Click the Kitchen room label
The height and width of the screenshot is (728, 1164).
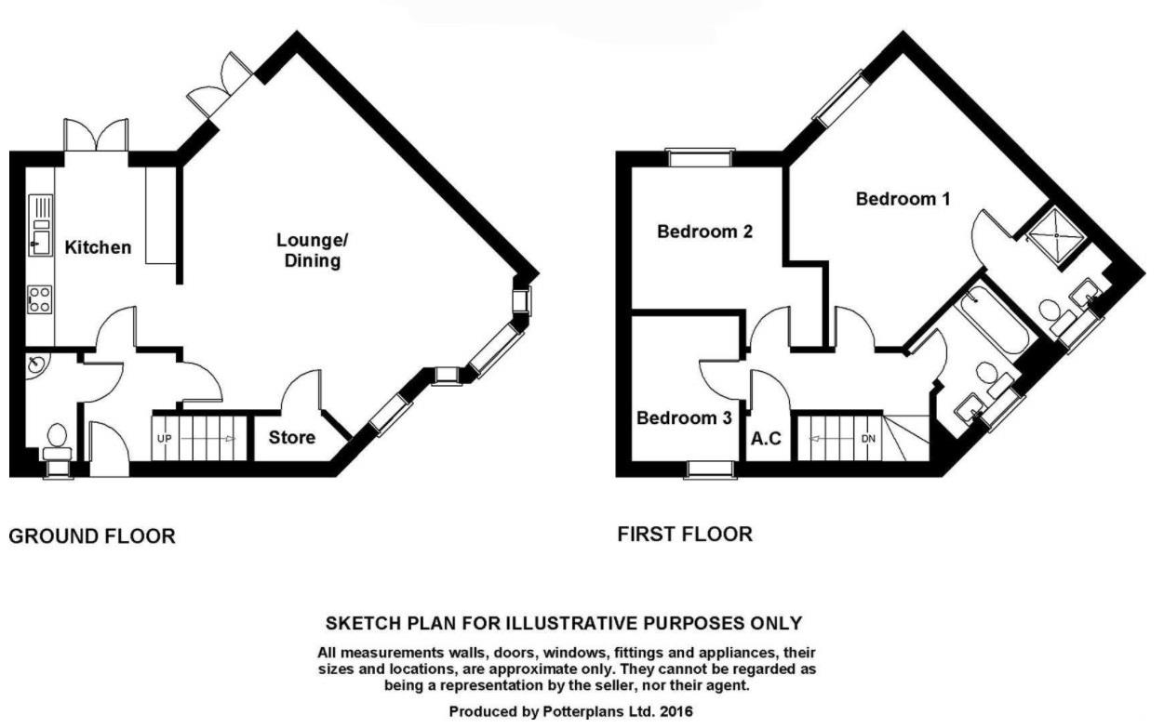point(98,247)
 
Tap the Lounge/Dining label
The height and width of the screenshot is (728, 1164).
point(308,250)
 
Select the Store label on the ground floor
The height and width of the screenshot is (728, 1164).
point(292,437)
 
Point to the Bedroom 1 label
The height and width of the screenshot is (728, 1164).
point(903,199)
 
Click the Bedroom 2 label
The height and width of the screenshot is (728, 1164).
point(704,232)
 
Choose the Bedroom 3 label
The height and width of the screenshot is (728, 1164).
point(684,418)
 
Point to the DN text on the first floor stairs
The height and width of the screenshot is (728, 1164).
point(869,438)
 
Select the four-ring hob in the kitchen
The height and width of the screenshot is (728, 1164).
point(40,298)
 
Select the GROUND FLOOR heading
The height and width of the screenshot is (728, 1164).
point(91,536)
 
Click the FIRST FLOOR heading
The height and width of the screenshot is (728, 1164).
point(685,535)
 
